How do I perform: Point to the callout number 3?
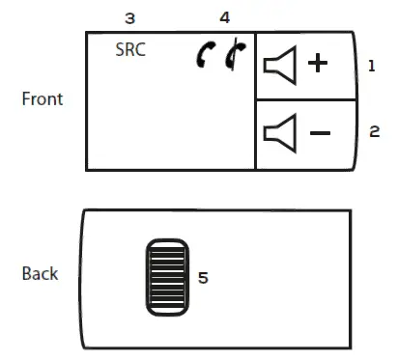pyautogui.click(x=129, y=18)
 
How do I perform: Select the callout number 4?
pyautogui.click(x=225, y=18)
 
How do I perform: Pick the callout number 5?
pyautogui.click(x=203, y=277)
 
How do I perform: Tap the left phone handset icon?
pyautogui.click(x=204, y=58)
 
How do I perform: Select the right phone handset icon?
pyautogui.click(x=231, y=58)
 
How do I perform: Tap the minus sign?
pyautogui.click(x=318, y=131)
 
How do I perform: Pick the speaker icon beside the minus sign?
pyautogui.click(x=279, y=131)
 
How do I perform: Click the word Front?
pyautogui.click(x=42, y=98)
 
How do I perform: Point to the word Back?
pyautogui.click(x=40, y=274)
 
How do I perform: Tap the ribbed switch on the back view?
pyautogui.click(x=167, y=276)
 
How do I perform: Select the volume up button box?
pyautogui.click(x=304, y=66)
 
